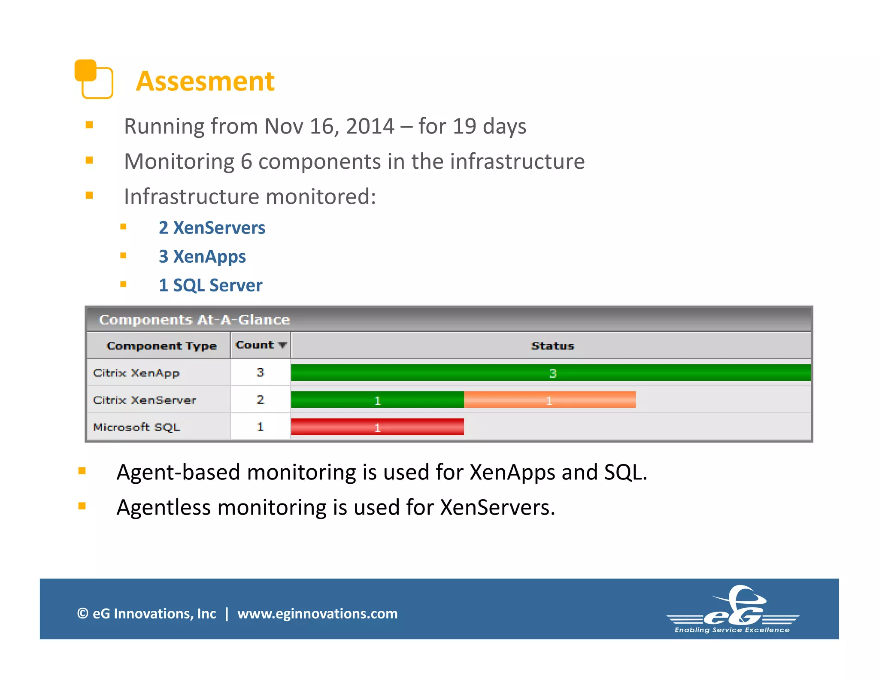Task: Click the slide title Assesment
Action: (x=205, y=81)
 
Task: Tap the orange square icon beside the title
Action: (x=94, y=79)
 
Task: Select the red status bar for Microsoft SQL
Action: (x=377, y=427)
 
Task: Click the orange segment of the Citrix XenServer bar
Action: (x=549, y=400)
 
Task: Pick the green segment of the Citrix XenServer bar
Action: (x=377, y=400)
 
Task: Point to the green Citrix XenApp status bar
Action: (x=551, y=373)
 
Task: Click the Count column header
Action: (x=255, y=345)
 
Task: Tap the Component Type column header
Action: (x=161, y=346)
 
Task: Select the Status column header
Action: (x=552, y=346)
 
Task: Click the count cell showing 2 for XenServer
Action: (x=260, y=400)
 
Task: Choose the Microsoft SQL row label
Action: (x=136, y=427)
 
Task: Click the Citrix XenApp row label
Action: (x=136, y=373)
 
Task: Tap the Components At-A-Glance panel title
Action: (x=194, y=320)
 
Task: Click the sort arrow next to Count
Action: (x=282, y=345)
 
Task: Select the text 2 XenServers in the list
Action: (x=212, y=228)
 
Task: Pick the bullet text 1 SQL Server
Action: (x=210, y=285)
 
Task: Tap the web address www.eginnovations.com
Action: (x=318, y=614)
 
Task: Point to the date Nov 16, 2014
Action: (x=329, y=127)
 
